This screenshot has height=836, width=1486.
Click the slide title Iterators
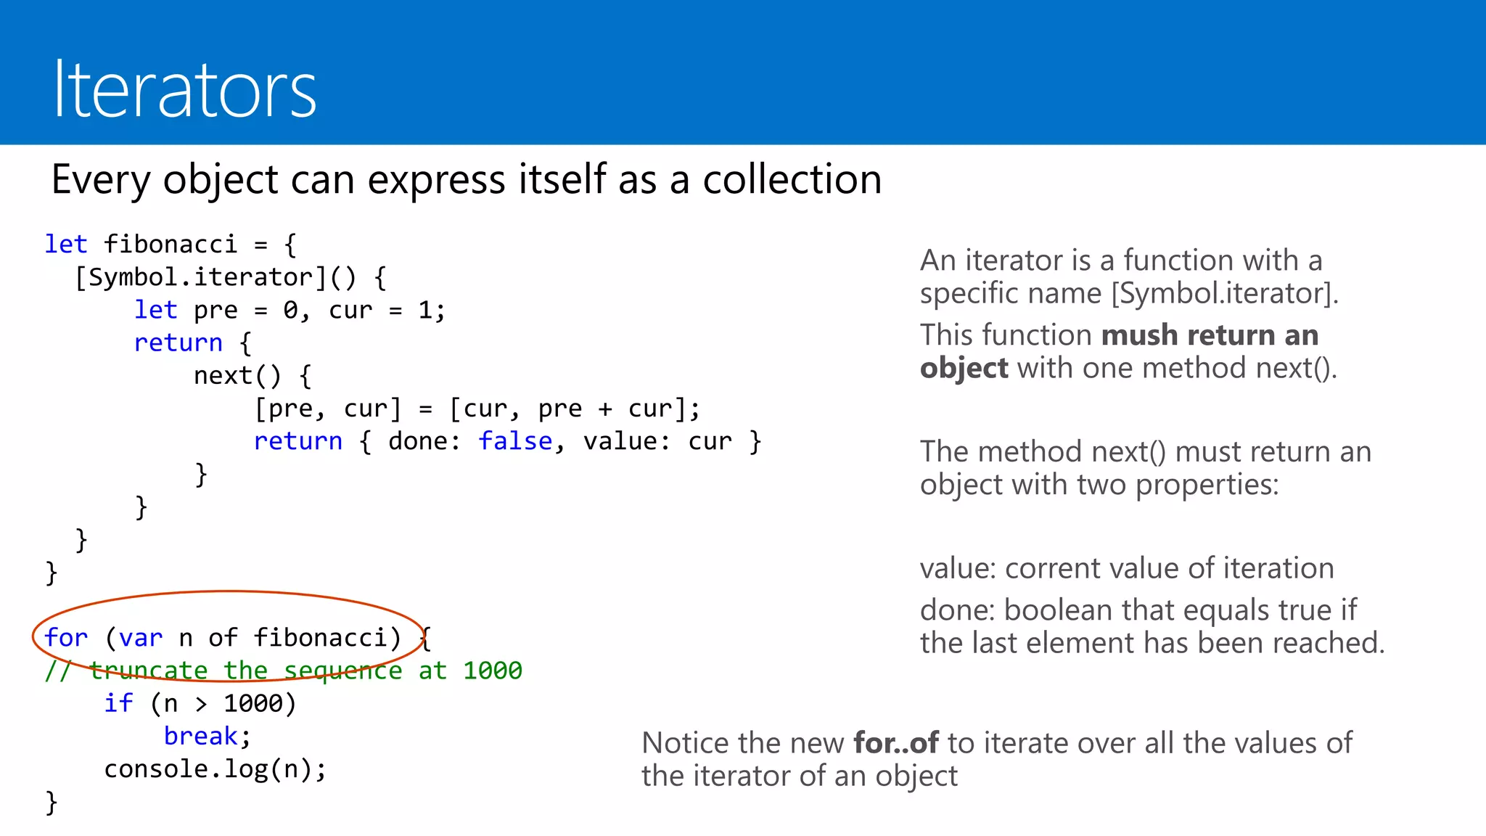(185, 90)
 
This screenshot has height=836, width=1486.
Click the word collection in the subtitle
(792, 179)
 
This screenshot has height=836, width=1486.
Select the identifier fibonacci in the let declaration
(170, 245)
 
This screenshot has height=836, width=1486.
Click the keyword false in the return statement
(515, 441)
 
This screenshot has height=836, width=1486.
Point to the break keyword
(200, 737)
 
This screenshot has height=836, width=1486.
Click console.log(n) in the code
(215, 769)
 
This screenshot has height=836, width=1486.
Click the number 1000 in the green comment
(493, 671)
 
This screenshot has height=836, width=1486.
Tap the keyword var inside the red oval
(141, 638)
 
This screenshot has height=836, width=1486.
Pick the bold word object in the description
(964, 369)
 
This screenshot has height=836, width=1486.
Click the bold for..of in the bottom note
(896, 743)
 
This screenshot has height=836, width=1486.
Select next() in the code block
(237, 376)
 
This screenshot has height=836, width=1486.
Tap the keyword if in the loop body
(118, 703)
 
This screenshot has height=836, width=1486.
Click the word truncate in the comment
(148, 671)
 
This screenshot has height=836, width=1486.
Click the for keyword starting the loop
(65, 638)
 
